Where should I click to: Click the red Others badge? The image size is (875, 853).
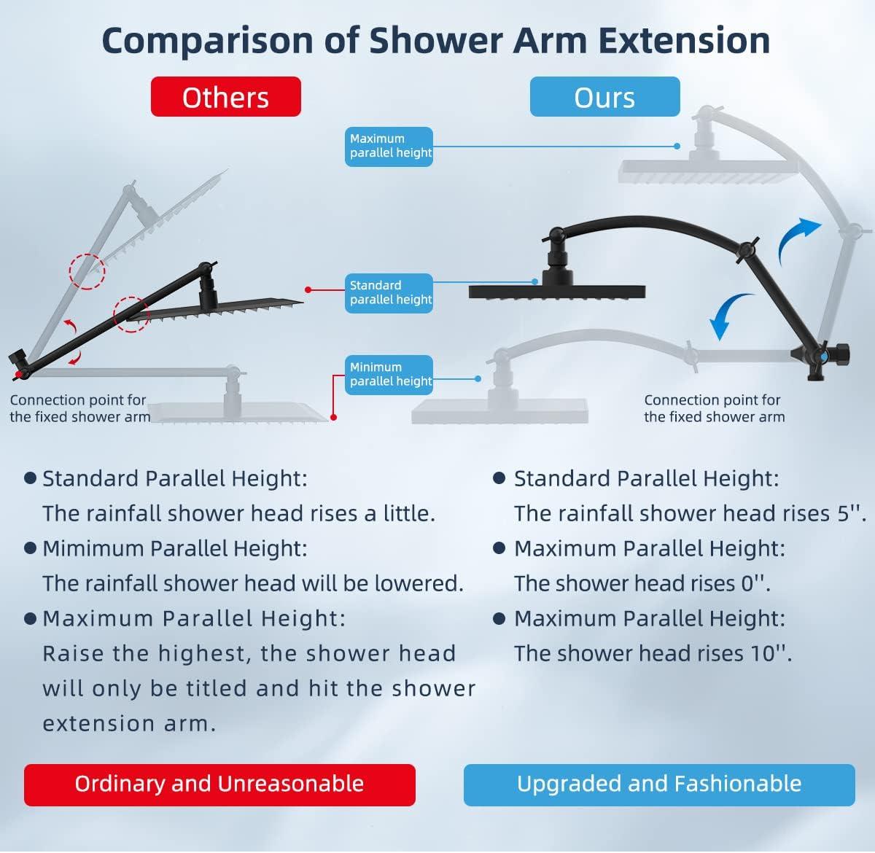226,97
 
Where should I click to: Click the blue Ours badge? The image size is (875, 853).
604,97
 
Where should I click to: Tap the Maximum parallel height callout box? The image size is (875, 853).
389,147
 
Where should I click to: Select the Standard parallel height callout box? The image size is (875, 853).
389,293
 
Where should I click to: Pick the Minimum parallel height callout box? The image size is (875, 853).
389,375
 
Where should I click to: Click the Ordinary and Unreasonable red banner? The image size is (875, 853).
219,784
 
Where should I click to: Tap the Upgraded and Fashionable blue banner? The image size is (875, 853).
659,784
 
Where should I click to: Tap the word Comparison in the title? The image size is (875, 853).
208,42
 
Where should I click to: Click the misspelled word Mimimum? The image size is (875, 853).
93,548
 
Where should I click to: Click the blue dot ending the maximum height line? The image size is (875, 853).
677,146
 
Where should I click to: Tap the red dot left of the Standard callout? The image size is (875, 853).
308,289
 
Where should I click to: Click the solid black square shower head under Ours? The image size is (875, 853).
557,292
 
